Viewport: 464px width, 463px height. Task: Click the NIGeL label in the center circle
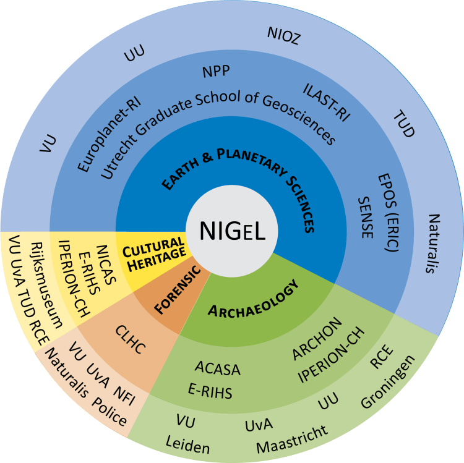(x=232, y=231)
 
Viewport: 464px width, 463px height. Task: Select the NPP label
(x=216, y=72)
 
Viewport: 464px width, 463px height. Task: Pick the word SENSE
(x=366, y=216)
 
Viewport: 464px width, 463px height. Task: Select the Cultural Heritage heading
(x=153, y=251)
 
